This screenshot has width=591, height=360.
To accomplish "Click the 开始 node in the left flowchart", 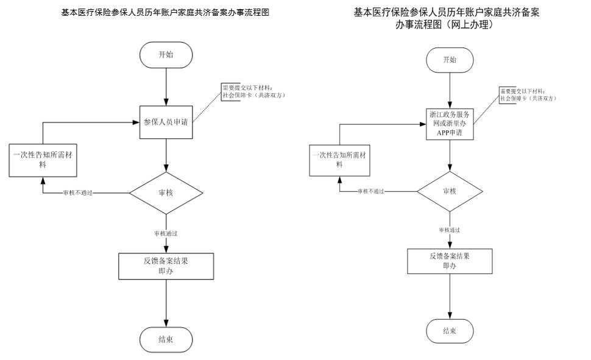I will pos(166,54).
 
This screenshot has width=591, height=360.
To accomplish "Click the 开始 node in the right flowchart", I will pos(449,59).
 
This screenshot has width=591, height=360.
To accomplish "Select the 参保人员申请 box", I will pos(166,122).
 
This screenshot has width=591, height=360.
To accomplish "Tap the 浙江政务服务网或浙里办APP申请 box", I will pos(449,124).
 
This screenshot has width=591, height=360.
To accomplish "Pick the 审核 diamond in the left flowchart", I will pos(166,192).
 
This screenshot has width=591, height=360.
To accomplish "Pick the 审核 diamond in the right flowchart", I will pos(449,191).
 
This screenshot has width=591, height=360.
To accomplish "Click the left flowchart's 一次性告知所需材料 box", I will pos(43,160).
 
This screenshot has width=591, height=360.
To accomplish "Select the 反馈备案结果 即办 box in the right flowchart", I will pos(449,261).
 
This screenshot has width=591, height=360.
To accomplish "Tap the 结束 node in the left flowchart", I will pos(166,339).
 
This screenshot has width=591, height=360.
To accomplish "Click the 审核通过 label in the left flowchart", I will pos(166,233).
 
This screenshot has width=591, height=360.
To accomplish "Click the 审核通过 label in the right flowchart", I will pos(449,230).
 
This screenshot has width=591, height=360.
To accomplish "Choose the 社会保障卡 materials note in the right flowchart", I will pos(528,95).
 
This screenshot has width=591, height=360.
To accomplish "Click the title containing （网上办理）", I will pos(447,19).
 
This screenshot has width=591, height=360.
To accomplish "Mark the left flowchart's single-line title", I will pos(165,12).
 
